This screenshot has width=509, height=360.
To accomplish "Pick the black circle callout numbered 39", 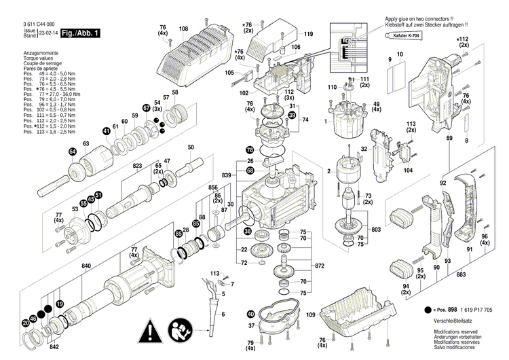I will click(292, 115).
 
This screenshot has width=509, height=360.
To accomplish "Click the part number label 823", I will click(138, 165).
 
